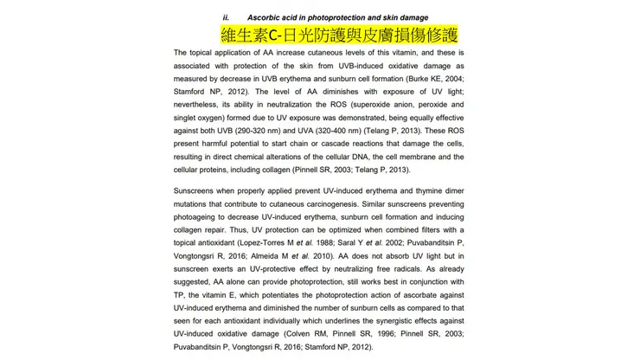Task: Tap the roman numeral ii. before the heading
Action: [x=226, y=17]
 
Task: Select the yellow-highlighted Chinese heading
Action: [x=339, y=35]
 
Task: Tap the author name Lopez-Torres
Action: [x=266, y=243]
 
